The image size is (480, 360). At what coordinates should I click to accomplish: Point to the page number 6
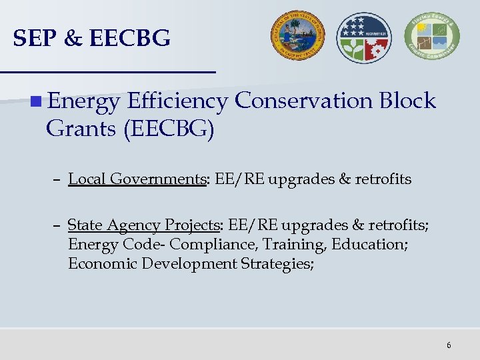(449, 345)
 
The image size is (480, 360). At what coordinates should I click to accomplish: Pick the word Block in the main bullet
(407, 101)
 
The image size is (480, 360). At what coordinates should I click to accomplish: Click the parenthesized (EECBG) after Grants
(169, 128)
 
